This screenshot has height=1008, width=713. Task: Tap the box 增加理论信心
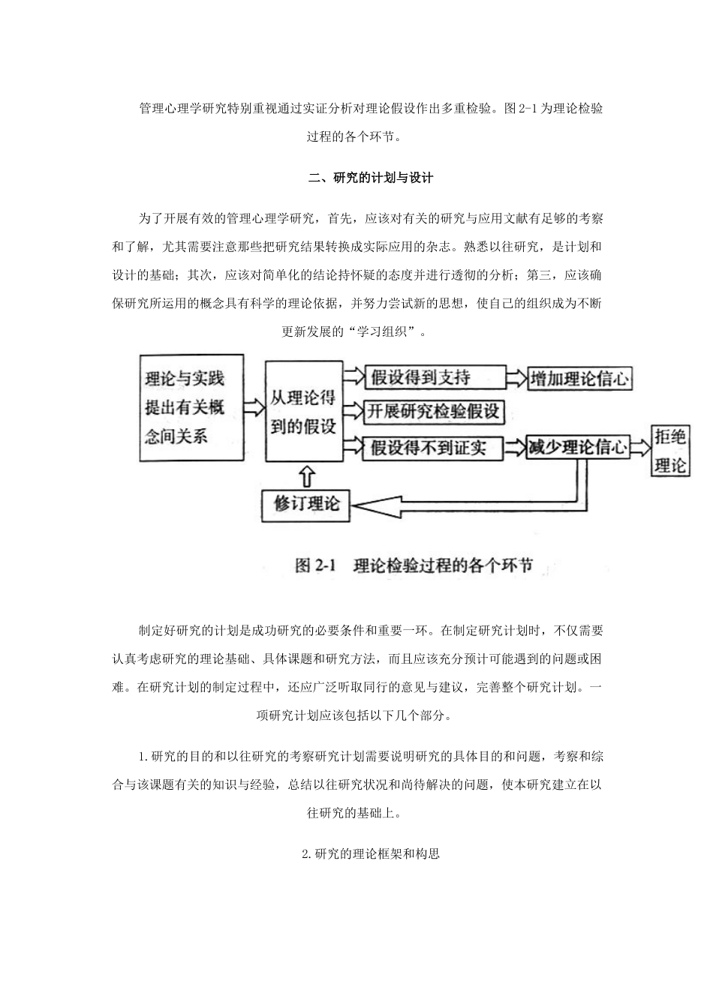pyautogui.click(x=579, y=378)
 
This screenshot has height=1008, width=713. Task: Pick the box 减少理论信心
pyautogui.click(x=576, y=448)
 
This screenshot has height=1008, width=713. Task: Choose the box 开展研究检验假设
pyautogui.click(x=434, y=411)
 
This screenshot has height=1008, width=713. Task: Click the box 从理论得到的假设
pyautogui.click(x=303, y=412)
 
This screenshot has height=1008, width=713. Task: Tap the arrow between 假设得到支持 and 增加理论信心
pyautogui.click(x=517, y=378)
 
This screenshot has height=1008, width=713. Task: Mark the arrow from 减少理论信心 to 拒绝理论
pyautogui.click(x=640, y=448)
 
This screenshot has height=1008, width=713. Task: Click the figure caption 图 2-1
pyautogui.click(x=413, y=565)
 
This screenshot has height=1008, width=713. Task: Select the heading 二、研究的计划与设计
pyautogui.click(x=372, y=178)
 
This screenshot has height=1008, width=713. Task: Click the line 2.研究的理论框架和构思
pyautogui.click(x=370, y=853)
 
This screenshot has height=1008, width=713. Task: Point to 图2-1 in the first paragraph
pyautogui.click(x=522, y=108)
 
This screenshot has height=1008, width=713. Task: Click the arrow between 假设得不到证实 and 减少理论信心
pyautogui.click(x=514, y=448)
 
